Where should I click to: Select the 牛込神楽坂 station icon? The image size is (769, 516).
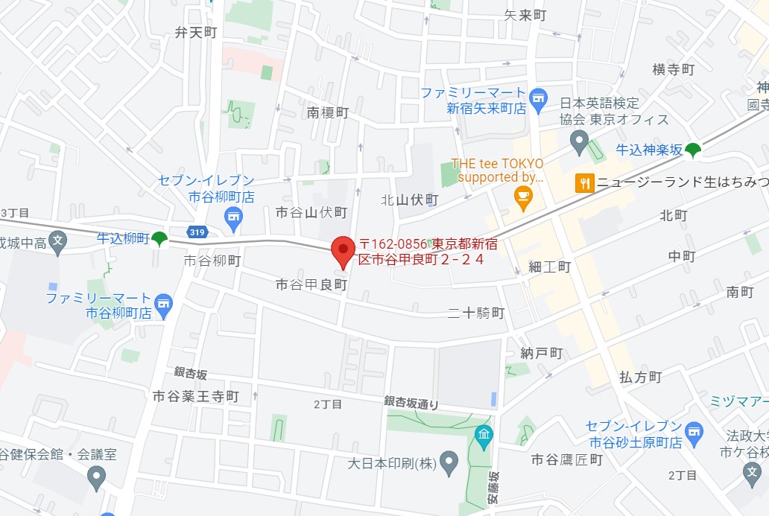(694, 150)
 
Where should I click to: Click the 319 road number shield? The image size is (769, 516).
(197, 232)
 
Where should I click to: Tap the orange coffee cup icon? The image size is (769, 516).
(523, 196)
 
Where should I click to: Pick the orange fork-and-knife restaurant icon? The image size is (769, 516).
(585, 182)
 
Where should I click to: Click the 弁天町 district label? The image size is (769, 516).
(195, 33)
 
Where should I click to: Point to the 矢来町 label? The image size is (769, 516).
(525, 15)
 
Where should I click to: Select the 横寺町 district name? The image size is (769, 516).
(673, 69)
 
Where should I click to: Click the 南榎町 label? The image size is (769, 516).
(328, 112)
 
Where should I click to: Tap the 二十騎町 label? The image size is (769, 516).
(477, 313)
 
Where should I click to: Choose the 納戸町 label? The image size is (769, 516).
(542, 353)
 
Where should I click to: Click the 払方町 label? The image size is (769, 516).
(640, 377)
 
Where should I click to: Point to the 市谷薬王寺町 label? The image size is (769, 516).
(195, 396)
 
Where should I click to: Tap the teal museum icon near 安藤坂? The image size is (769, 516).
(484, 433)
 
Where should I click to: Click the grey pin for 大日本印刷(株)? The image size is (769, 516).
(448, 462)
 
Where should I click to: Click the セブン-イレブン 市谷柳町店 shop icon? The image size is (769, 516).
(233, 216)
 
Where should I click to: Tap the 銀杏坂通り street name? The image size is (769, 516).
(411, 402)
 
